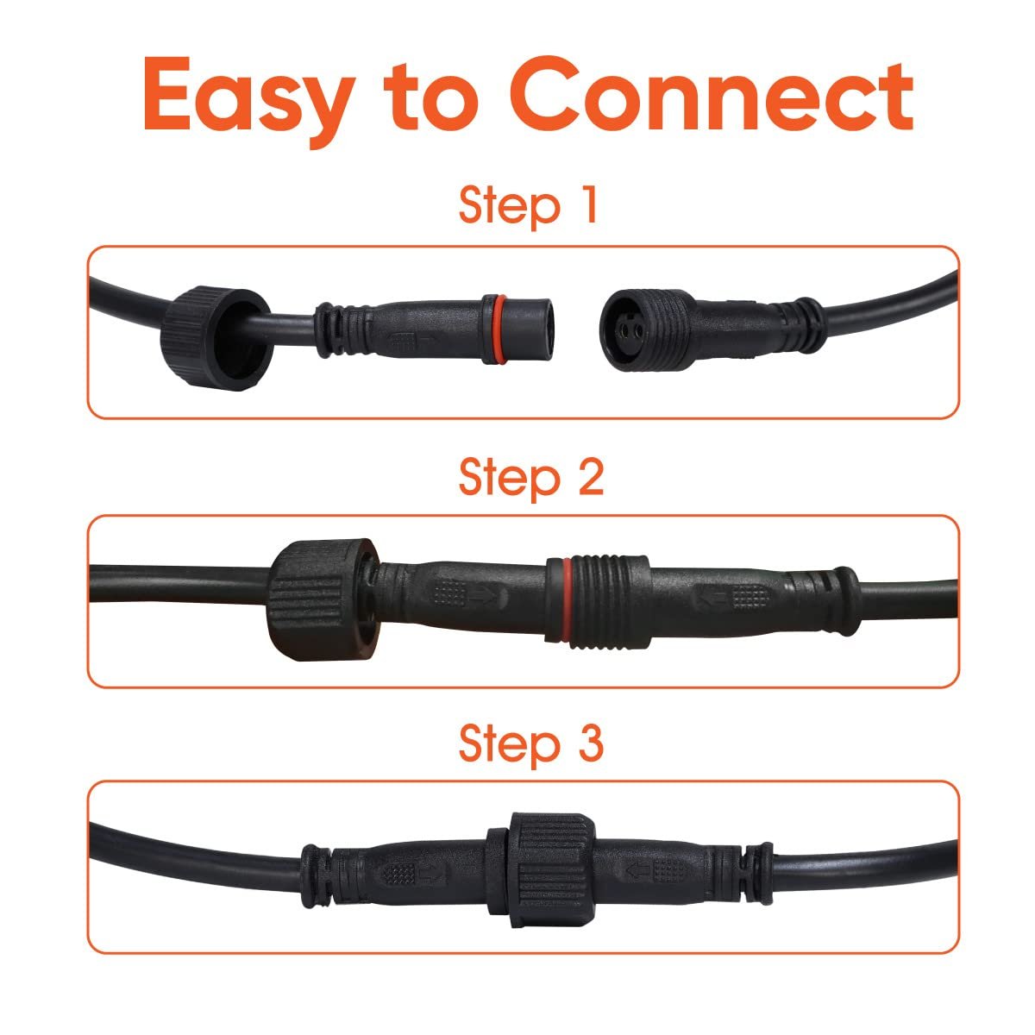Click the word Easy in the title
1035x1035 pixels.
[249, 100]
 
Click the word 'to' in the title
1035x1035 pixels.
[430, 97]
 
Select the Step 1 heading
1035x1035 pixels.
[528, 207]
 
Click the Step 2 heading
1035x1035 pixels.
[531, 479]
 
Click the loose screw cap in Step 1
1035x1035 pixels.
[216, 338]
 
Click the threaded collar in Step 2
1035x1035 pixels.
[611, 600]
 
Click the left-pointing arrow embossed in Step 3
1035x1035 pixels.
[638, 873]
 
